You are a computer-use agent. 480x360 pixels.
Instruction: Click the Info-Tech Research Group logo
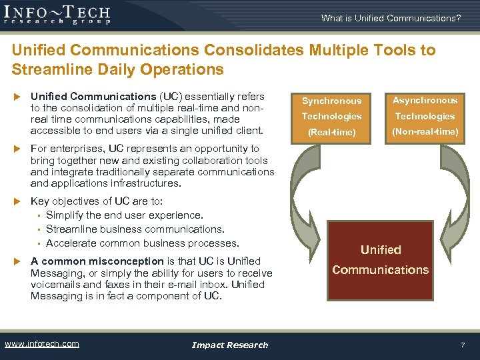pyautogui.click(x=57, y=14)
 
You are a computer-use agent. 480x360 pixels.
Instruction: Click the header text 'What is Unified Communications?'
pyautogui.click(x=391, y=18)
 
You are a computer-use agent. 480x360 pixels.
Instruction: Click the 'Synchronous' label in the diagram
pyautogui.click(x=331, y=101)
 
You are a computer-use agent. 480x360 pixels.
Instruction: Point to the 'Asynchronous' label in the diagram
pyautogui.click(x=425, y=101)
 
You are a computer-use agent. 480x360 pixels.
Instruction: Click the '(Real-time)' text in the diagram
pyautogui.click(x=331, y=132)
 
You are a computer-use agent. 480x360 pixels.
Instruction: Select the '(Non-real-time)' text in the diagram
pyautogui.click(x=425, y=131)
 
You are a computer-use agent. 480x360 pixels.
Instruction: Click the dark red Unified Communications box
pyautogui.click(x=380, y=260)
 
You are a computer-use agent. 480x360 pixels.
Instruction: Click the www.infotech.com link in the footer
pyautogui.click(x=42, y=344)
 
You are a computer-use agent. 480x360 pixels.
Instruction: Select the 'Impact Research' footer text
pyautogui.click(x=229, y=345)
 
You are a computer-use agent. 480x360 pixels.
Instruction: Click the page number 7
pyautogui.click(x=462, y=345)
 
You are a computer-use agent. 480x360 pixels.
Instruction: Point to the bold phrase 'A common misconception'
pyautogui.click(x=97, y=261)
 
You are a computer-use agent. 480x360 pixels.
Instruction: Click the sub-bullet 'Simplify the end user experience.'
pyautogui.click(x=125, y=215)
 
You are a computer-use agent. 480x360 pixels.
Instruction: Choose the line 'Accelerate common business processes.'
pyautogui.click(x=142, y=243)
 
